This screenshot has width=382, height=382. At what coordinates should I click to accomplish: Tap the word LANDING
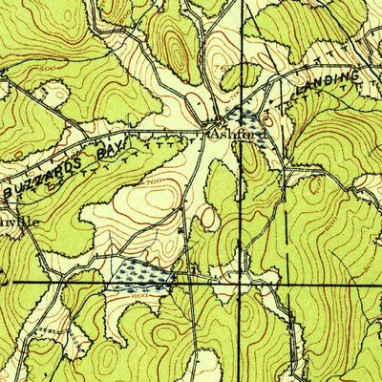[x=328, y=82]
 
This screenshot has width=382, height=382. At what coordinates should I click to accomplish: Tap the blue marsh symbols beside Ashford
[x=245, y=121]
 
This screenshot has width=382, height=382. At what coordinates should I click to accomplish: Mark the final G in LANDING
[x=356, y=73]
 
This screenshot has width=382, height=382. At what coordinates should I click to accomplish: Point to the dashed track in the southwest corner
[x=29, y=329]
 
